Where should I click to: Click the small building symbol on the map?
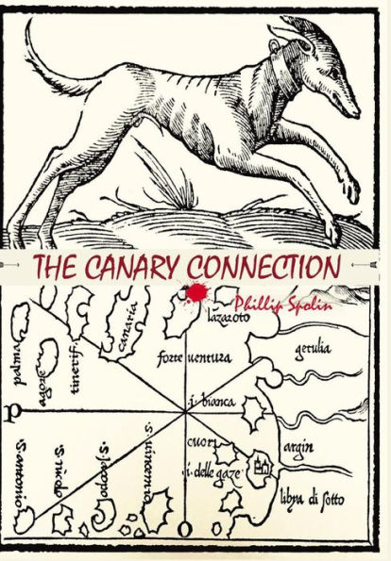point(263,464)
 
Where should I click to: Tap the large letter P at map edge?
point(9,413)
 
